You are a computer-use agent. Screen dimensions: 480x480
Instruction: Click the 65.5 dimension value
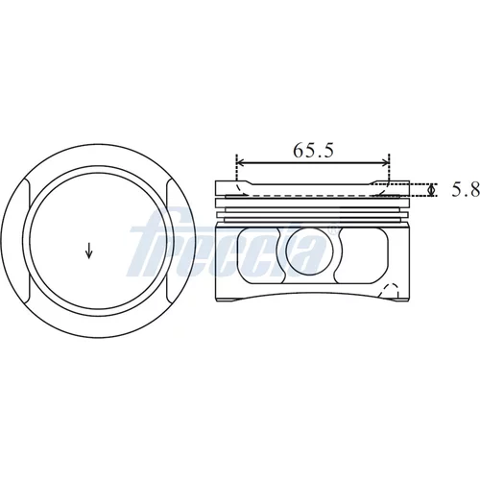[x=313, y=150]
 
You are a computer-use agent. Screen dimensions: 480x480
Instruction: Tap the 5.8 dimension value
[x=466, y=189]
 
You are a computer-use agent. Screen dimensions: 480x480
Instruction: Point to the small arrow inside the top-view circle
[x=89, y=251]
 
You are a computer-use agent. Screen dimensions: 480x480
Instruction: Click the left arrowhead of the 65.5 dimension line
[x=241, y=163]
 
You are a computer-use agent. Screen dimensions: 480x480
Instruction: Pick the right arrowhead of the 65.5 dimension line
[x=385, y=163]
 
